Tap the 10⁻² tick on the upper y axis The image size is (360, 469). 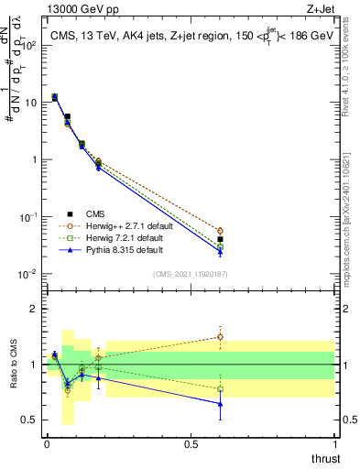29,274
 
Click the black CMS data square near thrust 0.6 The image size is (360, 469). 220,239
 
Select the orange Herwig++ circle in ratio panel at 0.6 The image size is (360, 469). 220,336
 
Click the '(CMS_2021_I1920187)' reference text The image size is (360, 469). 190,274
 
